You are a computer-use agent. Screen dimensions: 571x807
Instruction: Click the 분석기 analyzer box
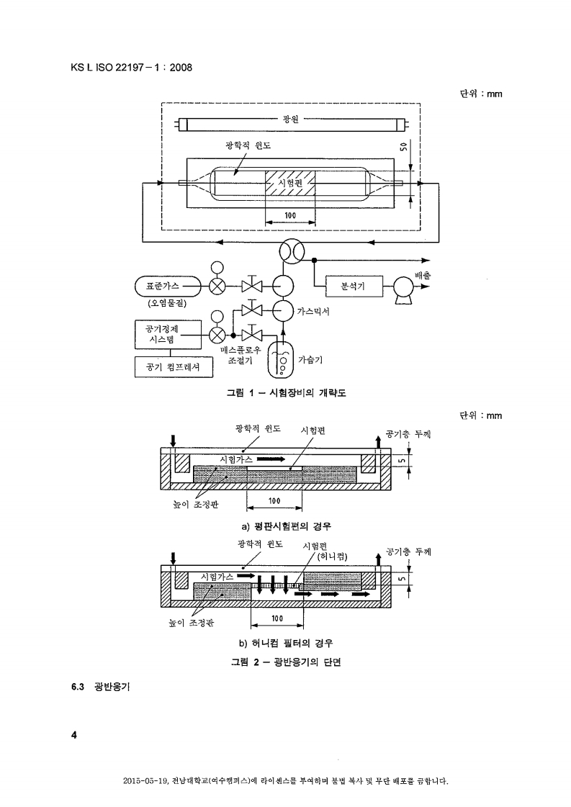click(x=354, y=286)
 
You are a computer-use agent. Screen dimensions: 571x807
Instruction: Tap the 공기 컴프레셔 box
click(x=174, y=367)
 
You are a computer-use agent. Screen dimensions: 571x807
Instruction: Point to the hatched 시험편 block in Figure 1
click(x=290, y=184)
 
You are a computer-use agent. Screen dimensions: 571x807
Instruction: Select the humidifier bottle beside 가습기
click(x=282, y=360)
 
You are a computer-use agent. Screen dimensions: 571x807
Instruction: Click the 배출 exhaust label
click(x=423, y=275)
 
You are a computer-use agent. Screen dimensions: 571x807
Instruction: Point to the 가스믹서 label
click(x=313, y=312)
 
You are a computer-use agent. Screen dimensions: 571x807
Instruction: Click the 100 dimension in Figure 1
click(x=290, y=215)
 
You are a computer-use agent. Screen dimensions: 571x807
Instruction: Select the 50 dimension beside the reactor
click(x=403, y=147)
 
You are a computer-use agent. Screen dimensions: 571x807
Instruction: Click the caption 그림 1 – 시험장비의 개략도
click(x=287, y=392)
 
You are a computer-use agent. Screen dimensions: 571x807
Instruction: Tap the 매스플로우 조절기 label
click(x=240, y=355)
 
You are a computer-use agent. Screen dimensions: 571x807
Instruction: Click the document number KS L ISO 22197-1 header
click(x=131, y=68)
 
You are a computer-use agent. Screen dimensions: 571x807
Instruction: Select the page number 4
click(x=73, y=735)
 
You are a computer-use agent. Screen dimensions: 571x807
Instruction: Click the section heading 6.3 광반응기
click(x=100, y=687)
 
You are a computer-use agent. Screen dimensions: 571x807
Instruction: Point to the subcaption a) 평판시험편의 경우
click(x=287, y=526)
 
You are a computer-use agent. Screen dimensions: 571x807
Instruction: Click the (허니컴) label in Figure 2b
click(x=332, y=556)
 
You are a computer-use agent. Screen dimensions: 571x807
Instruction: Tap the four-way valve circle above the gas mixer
click(x=292, y=252)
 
